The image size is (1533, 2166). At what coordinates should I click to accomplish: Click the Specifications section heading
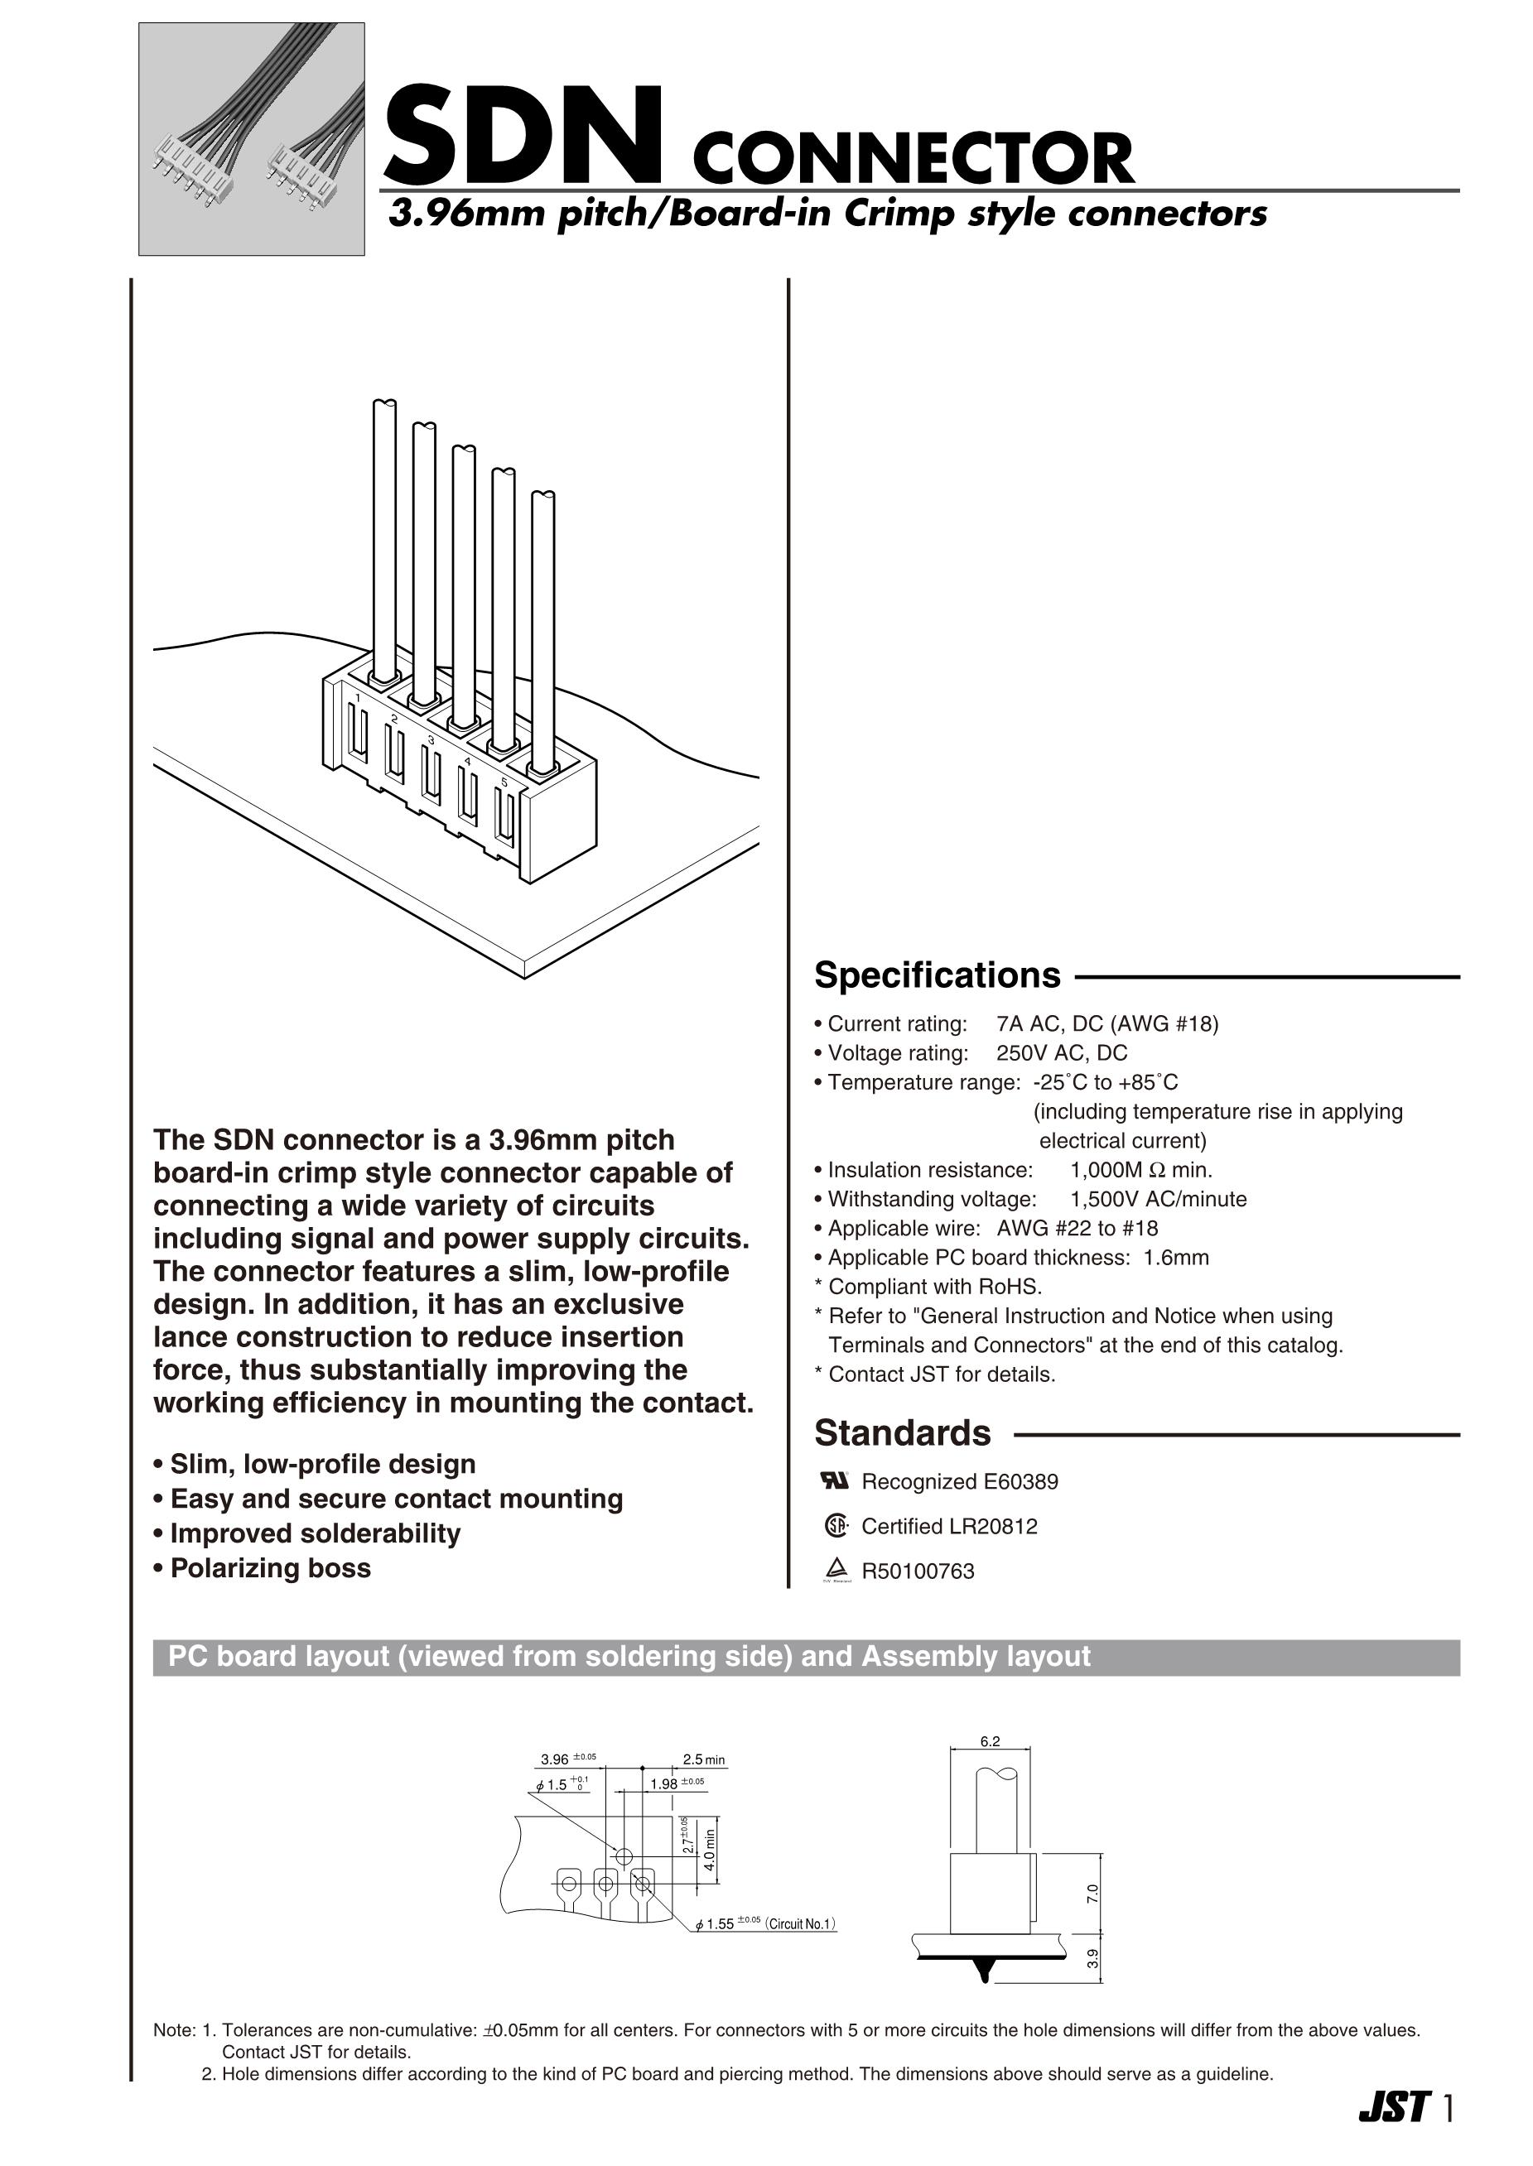[937, 975]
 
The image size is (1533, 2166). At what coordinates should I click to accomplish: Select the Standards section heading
[903, 1432]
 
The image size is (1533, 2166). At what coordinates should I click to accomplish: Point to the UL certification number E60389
[1020, 1482]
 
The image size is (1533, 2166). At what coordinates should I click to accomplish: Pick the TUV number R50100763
[918, 1572]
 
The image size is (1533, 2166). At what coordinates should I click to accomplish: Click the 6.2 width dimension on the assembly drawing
[989, 1741]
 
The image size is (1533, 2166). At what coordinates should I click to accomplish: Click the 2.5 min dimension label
[703, 1759]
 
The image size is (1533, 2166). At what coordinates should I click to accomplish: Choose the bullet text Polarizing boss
[270, 1567]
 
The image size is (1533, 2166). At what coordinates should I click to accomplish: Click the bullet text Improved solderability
[315, 1533]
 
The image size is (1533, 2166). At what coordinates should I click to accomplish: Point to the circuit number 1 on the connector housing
[358, 697]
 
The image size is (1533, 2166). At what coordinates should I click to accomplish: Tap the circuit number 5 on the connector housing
[504, 782]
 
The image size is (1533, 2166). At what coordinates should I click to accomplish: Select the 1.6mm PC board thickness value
[1175, 1258]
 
